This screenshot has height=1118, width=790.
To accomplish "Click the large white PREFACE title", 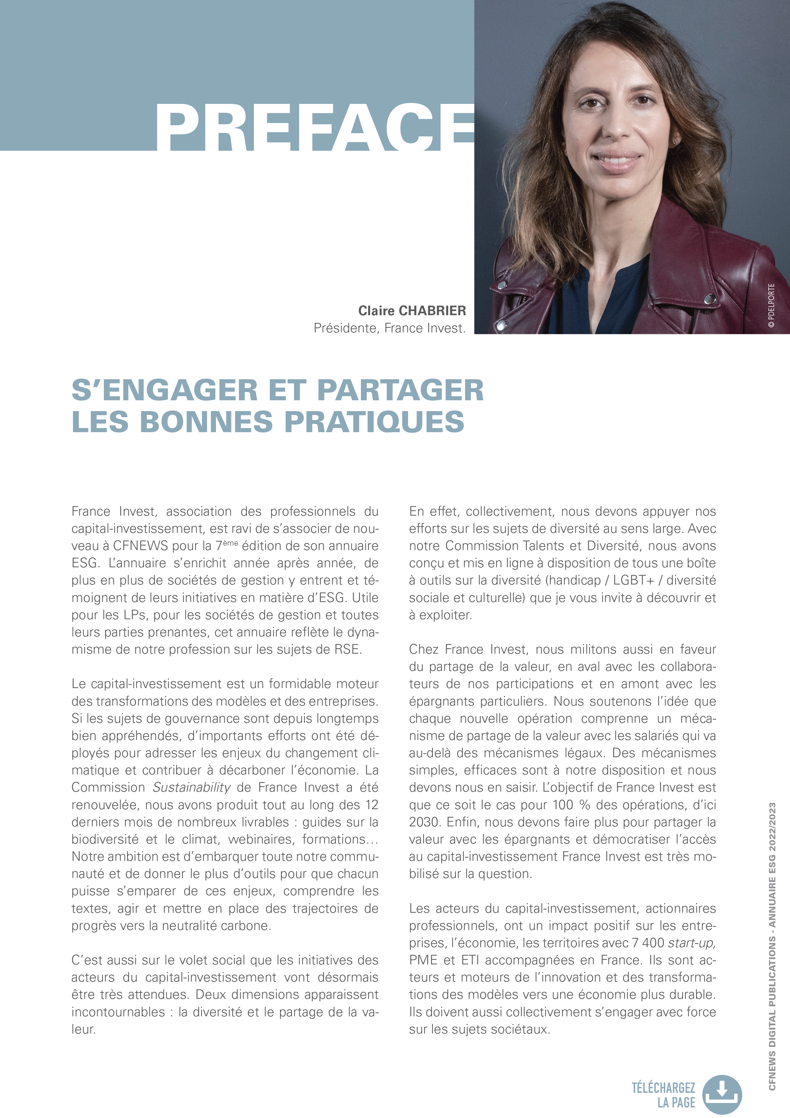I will point(314,127).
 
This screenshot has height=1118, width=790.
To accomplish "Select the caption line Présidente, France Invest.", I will point(389,328).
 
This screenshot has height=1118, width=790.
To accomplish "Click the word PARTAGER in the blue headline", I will point(400,390).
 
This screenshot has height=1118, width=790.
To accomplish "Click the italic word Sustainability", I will point(191,788).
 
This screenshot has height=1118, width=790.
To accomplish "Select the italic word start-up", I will point(692,943).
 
